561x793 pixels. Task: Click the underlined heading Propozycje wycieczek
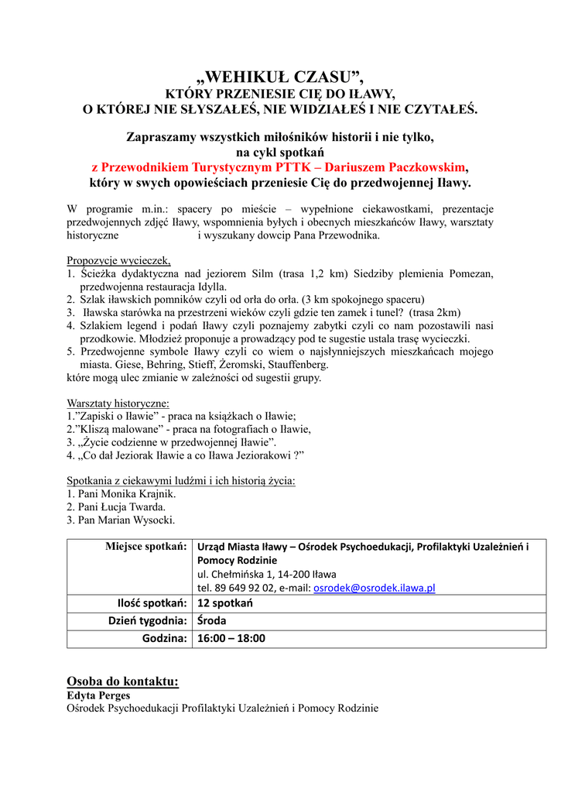118,260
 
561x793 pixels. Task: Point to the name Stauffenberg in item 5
296,364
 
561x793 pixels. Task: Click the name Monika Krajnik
138,493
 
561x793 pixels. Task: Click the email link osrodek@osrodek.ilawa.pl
374,588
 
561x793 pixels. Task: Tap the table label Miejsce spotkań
146,547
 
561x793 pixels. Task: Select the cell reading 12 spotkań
224,603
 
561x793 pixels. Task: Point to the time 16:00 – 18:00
231,639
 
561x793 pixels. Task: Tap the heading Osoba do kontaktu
122,681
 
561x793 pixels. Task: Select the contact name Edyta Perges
98,695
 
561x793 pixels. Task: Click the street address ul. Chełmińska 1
240,574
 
